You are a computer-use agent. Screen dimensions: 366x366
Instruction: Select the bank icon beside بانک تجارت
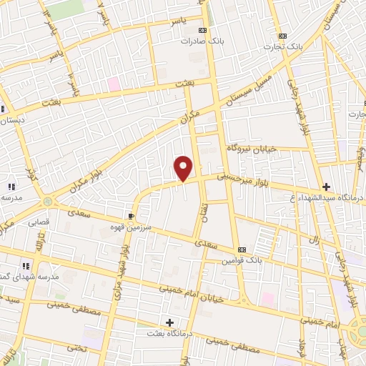point(283,36)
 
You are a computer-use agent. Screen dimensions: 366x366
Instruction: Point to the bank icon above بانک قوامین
point(242,249)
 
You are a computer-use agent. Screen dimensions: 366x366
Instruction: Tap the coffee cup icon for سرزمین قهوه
point(131,215)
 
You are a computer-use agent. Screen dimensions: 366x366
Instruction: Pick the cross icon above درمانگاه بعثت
point(169,322)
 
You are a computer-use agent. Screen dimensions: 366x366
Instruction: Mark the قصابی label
point(39,222)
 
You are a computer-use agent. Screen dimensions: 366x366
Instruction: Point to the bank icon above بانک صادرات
point(203,30)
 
